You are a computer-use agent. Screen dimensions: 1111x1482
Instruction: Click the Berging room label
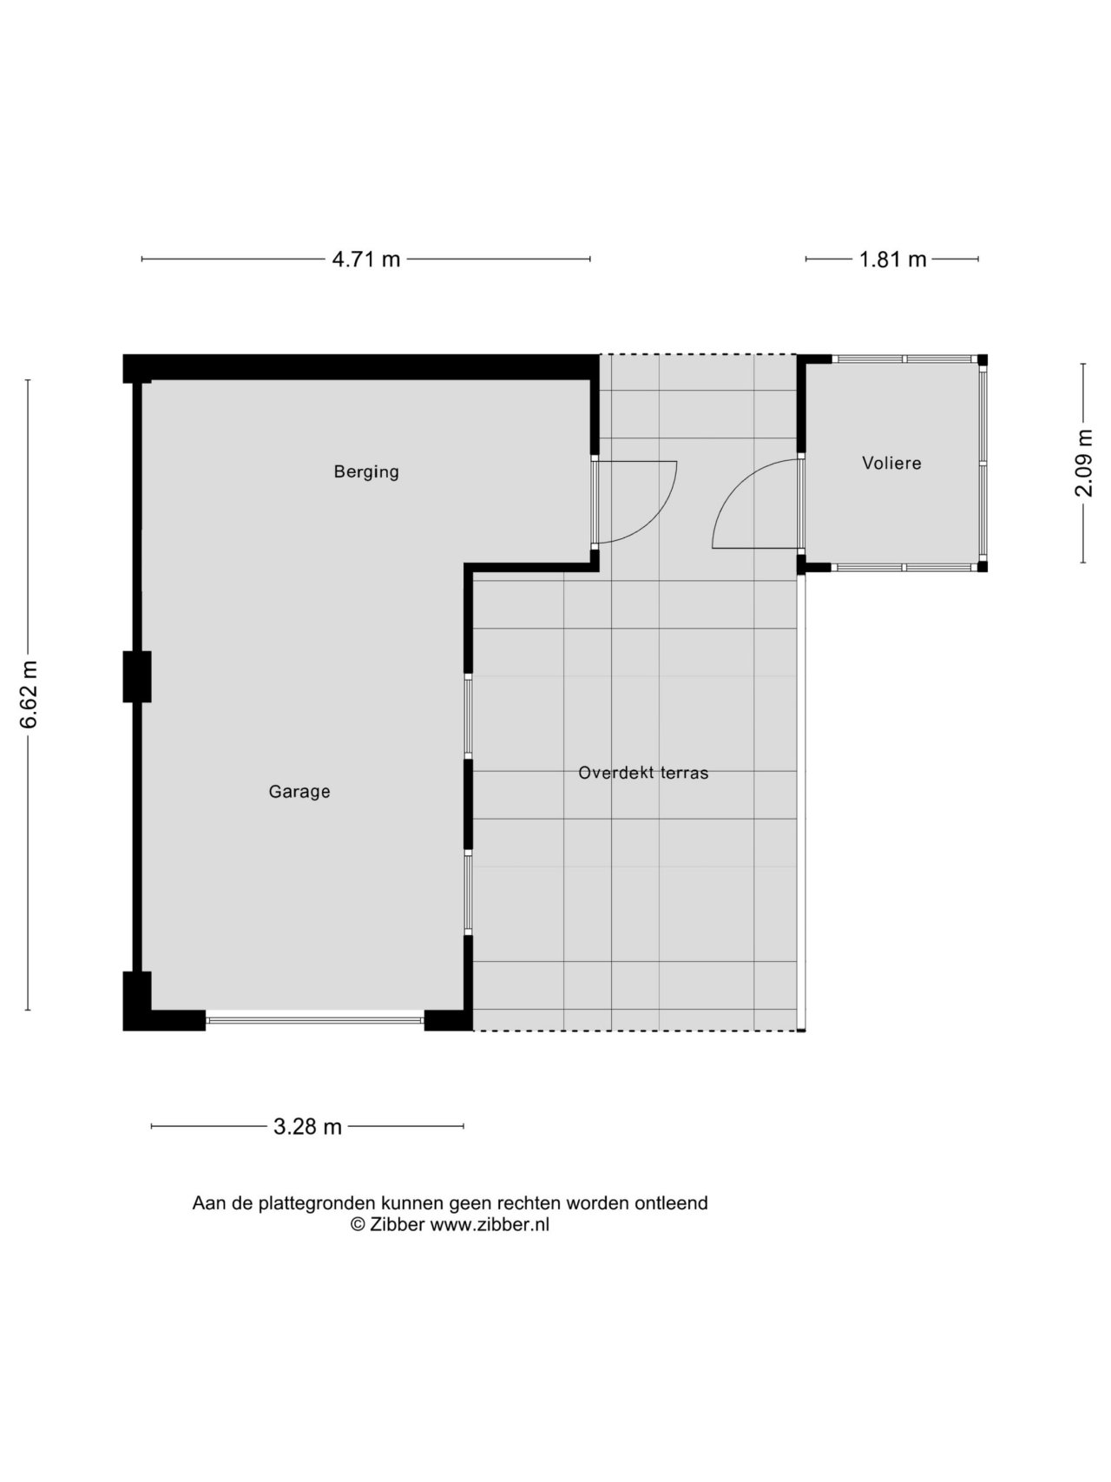coord(366,472)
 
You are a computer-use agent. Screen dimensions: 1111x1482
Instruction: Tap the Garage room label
coord(299,792)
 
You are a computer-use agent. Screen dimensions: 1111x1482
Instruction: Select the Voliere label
coord(891,464)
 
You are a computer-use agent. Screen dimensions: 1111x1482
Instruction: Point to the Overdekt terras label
coord(643,773)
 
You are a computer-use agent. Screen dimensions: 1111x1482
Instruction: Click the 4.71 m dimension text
coord(366,260)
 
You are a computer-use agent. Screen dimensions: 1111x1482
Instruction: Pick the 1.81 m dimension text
coord(893,260)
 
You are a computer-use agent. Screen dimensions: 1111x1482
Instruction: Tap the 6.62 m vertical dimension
coord(30,695)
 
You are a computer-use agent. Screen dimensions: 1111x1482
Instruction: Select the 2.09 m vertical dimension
coord(1085,463)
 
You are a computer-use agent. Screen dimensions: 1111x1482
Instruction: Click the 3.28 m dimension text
coord(307,1127)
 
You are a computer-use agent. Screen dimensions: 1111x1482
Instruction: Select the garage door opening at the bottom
coord(315,1021)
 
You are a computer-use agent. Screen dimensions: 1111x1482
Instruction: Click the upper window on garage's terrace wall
coord(468,716)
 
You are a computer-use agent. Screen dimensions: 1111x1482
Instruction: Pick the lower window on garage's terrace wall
coord(468,892)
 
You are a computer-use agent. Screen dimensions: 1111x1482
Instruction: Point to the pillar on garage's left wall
coord(137,676)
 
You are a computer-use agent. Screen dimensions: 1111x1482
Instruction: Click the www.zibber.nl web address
coord(490,1225)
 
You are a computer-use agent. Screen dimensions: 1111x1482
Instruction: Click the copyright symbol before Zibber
coord(357,1225)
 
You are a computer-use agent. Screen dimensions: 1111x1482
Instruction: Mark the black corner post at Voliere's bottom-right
coord(983,567)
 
